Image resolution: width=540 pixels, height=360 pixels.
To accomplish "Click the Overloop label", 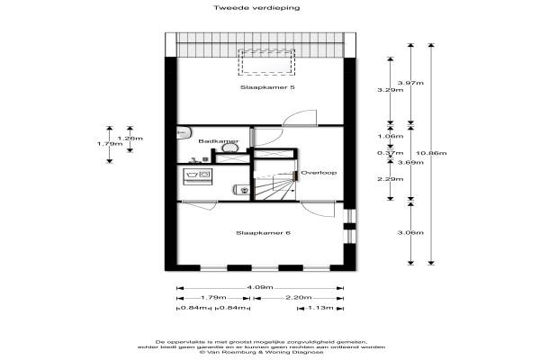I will pos(318,173).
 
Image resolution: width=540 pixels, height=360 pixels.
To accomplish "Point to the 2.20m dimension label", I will pos(298,298).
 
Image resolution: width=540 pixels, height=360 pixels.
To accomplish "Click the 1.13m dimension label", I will pos(319,308).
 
